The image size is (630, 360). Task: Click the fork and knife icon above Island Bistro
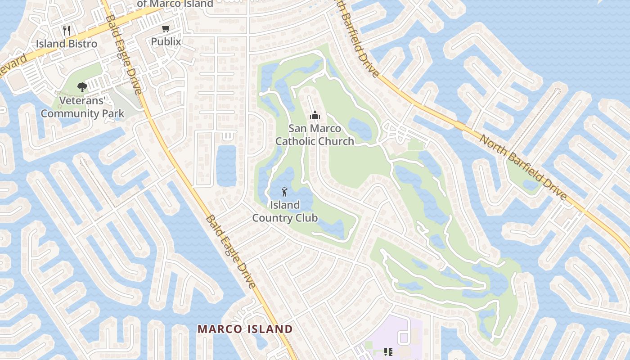[x=67, y=31]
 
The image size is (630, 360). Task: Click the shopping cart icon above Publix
[x=166, y=29]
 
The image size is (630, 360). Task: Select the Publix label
[x=166, y=42]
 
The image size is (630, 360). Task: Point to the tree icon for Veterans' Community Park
[x=82, y=87]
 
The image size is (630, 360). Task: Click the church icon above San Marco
[x=315, y=116]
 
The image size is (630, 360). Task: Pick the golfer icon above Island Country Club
[x=284, y=192]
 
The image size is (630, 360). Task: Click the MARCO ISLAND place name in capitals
[x=245, y=329]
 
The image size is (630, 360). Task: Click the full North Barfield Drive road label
[x=522, y=167]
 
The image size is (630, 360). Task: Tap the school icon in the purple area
[x=388, y=351]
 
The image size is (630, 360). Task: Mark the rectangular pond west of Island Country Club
[x=226, y=166]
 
